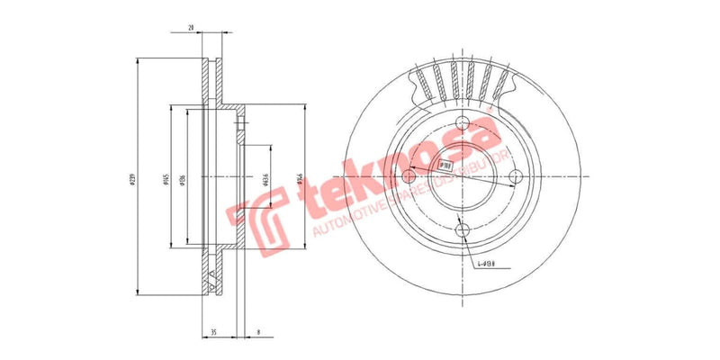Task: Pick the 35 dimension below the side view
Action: coord(213,332)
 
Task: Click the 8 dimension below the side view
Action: coord(258,332)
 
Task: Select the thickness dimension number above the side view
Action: coord(192,29)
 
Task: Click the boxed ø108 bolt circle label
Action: coord(445,165)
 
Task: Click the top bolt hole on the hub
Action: coord(463,124)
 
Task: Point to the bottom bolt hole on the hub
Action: coord(463,230)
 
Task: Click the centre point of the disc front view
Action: coord(463,177)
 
